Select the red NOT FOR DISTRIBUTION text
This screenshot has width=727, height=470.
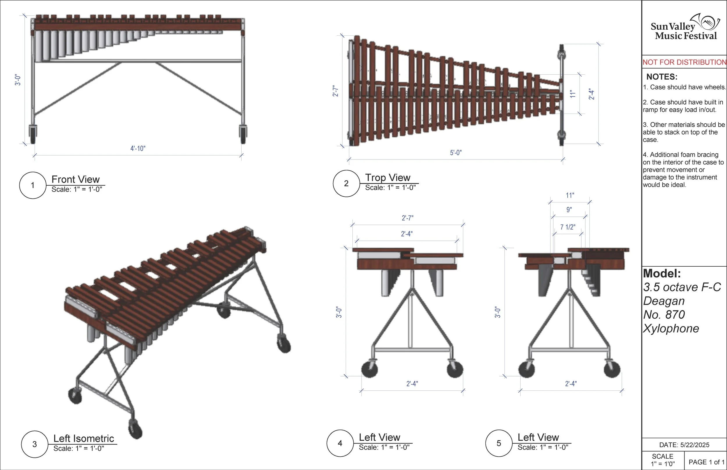click(684, 62)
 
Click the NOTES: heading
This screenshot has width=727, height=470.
click(662, 77)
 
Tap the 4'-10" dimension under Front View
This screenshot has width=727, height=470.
click(138, 149)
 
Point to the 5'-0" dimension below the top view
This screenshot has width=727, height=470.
click(455, 153)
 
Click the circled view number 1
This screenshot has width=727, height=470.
click(33, 185)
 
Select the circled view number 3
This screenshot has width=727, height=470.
click(35, 444)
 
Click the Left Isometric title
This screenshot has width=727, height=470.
click(83, 439)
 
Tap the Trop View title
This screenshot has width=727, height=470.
click(388, 177)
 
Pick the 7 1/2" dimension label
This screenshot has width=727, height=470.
click(568, 227)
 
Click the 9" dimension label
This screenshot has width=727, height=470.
click(569, 210)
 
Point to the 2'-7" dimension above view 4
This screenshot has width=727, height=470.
click(407, 218)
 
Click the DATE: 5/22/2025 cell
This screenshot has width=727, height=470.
click(684, 445)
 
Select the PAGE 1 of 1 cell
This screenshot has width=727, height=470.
click(706, 462)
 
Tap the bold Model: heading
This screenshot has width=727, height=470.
click(662, 273)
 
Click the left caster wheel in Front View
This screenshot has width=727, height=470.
click(33, 134)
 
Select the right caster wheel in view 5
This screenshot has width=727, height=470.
click(612, 369)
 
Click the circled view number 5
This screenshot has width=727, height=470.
click(499, 443)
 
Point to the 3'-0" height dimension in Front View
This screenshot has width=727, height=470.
click(18, 80)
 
